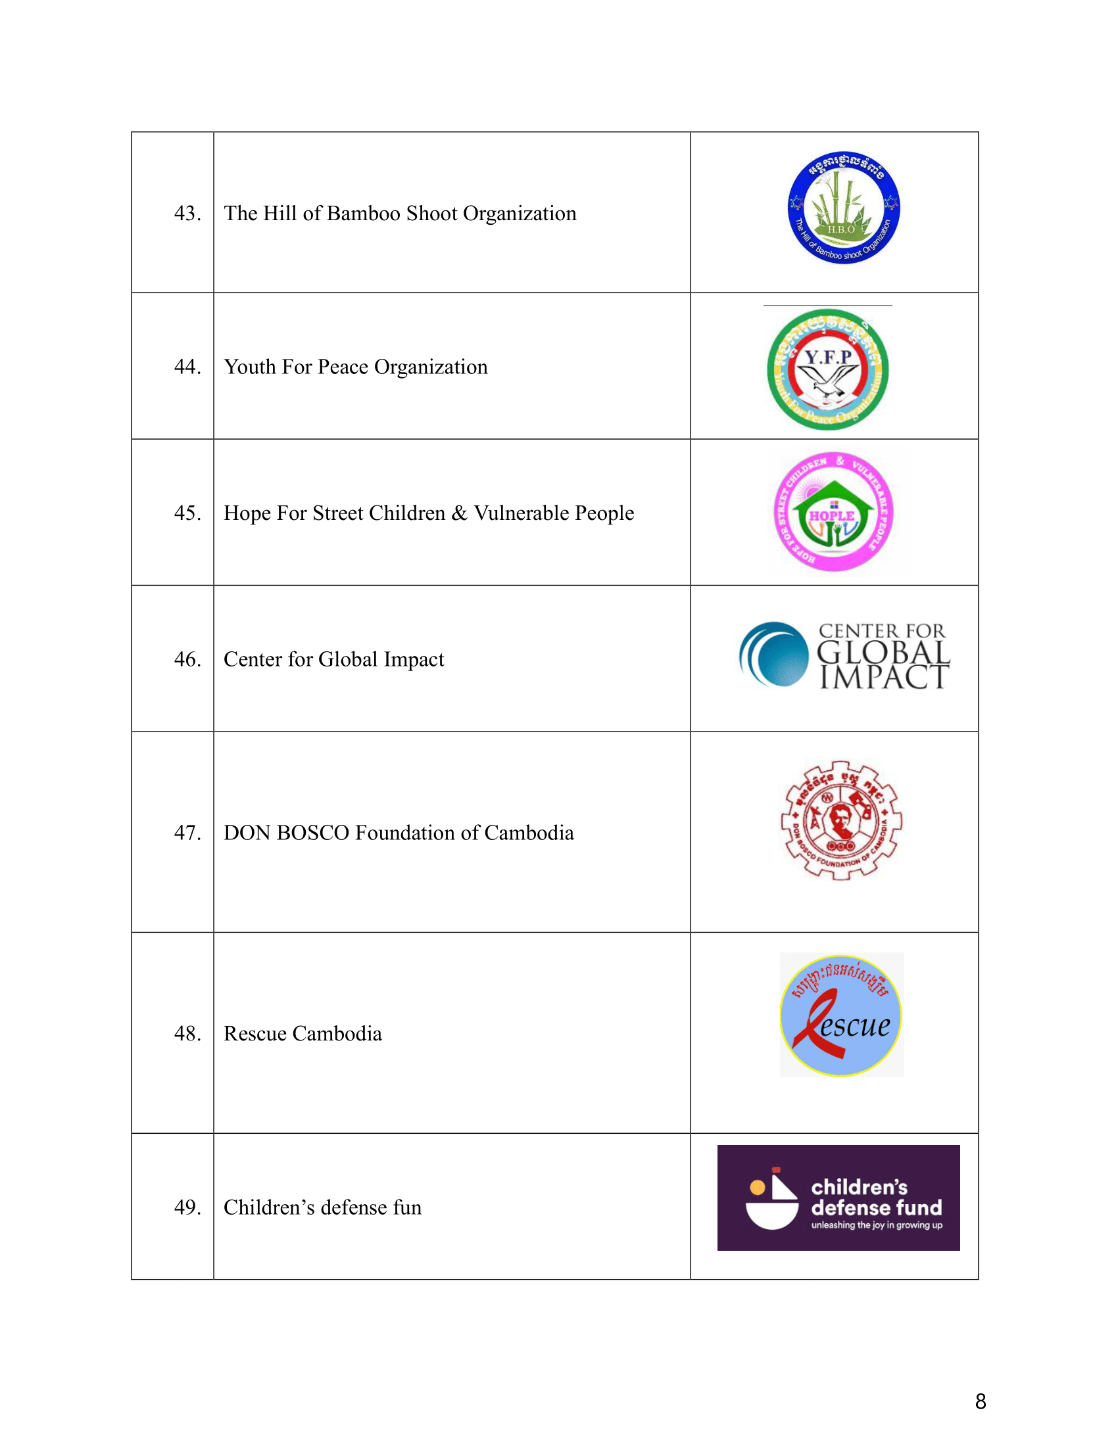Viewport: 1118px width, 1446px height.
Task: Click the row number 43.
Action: point(187,213)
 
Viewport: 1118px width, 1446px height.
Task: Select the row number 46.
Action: point(187,659)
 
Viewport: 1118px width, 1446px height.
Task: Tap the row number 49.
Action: point(187,1207)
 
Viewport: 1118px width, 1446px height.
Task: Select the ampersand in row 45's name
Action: point(459,513)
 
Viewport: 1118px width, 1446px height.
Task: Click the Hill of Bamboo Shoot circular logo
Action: point(843,208)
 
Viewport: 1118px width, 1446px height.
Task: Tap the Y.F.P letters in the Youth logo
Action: point(828,358)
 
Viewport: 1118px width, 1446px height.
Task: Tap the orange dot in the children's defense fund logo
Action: point(758,1188)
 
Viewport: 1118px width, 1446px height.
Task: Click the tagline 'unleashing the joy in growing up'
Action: point(876,1225)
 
